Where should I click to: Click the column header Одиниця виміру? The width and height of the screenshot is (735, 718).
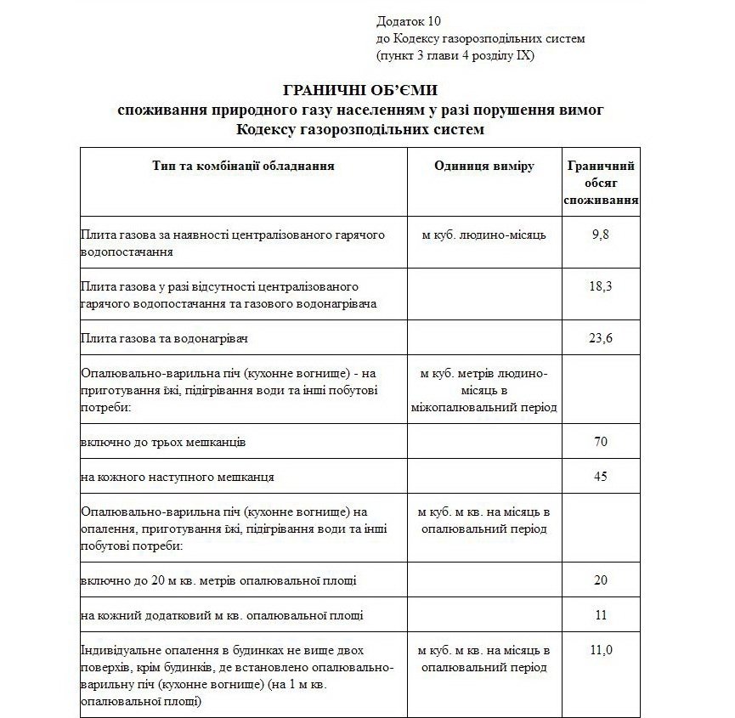point(483,166)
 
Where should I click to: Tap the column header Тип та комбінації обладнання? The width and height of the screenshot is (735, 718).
point(243,166)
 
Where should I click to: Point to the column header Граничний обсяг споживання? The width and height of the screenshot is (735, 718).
point(601,183)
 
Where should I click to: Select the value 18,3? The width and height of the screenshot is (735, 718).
point(601,287)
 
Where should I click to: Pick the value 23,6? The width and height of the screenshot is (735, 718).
point(601,338)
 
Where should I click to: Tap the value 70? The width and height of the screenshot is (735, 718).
point(601,442)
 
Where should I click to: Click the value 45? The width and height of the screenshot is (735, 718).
point(601,477)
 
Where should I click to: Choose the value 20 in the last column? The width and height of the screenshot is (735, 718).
point(601,580)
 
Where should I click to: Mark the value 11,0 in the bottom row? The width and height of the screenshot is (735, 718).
point(601,650)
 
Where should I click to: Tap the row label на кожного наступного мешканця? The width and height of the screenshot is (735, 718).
point(177,478)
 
